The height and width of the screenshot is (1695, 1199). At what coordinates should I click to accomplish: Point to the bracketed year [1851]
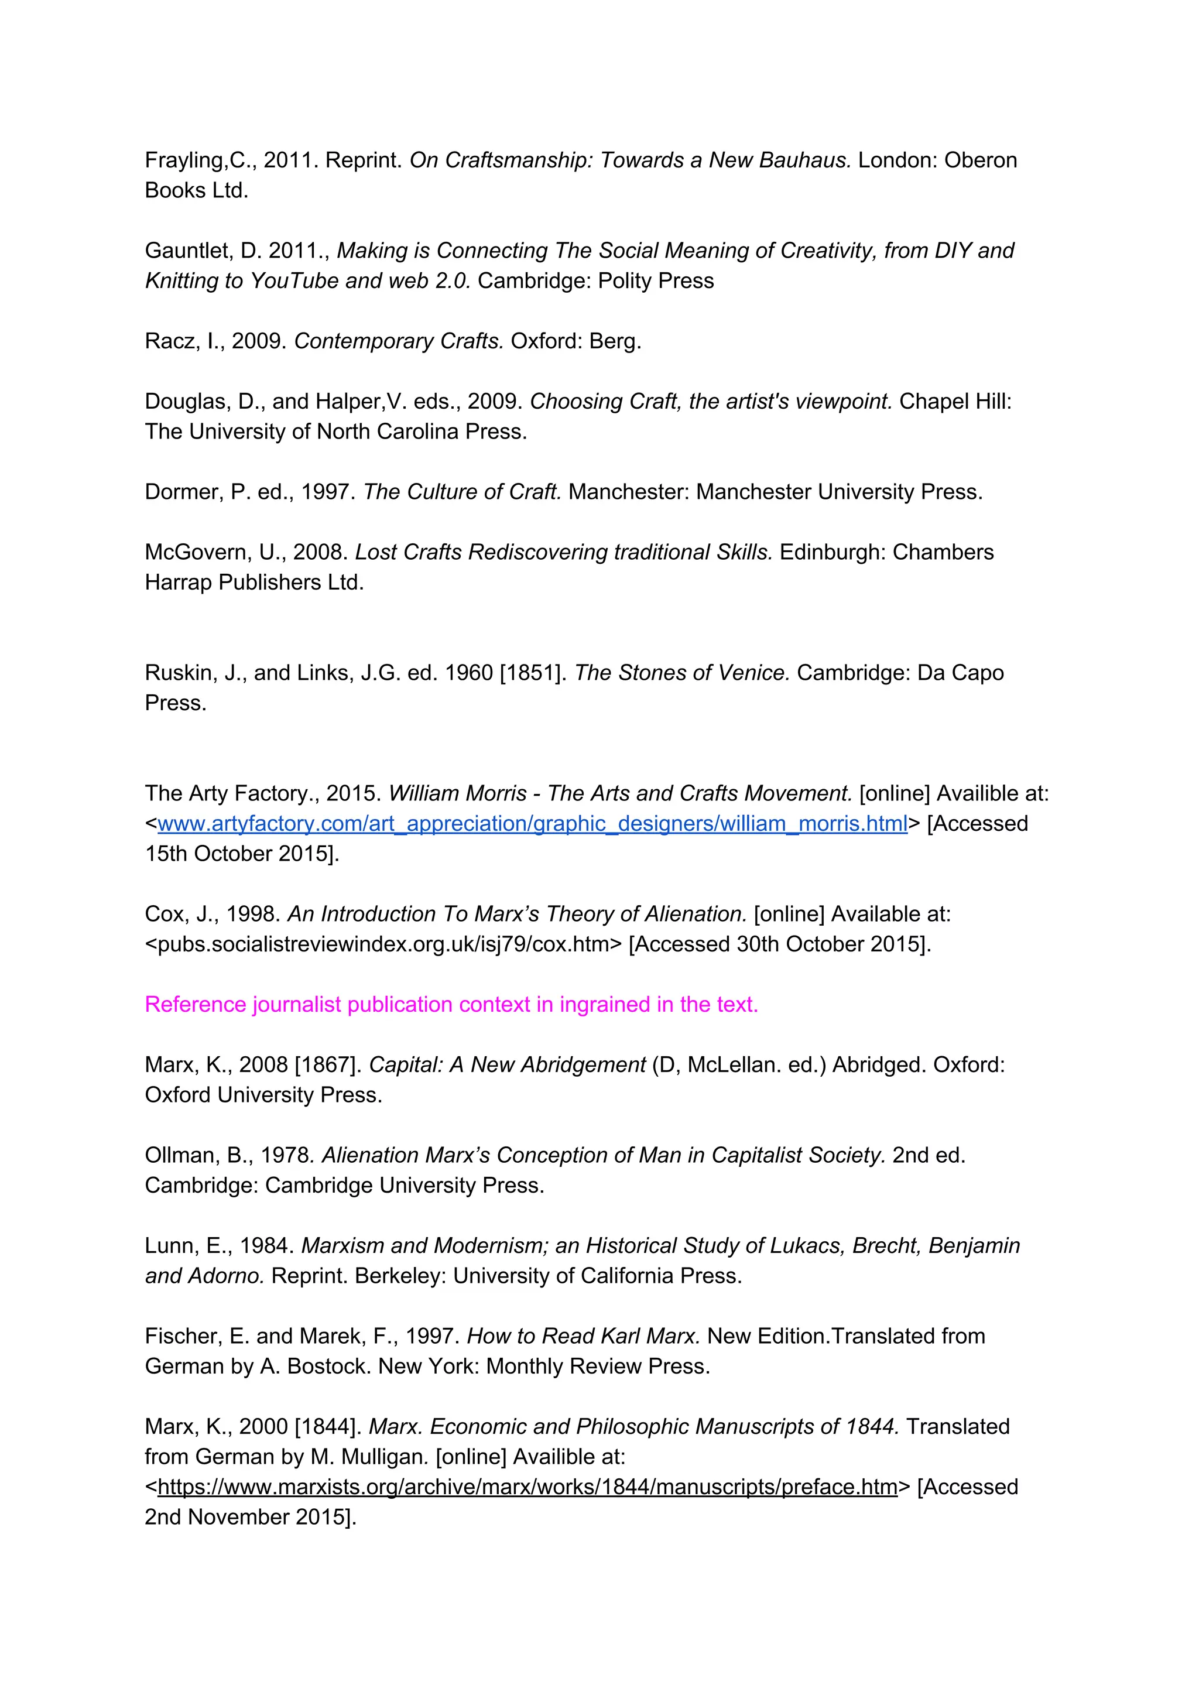click(533, 673)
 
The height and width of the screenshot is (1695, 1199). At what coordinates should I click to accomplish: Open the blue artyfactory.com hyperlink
click(532, 824)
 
